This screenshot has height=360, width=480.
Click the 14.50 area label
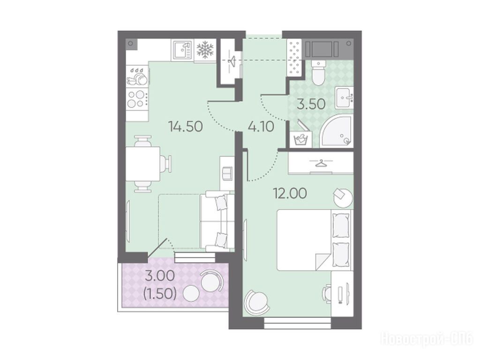click(x=186, y=126)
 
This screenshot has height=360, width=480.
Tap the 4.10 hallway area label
click(x=261, y=126)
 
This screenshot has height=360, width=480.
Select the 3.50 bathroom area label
click(x=311, y=105)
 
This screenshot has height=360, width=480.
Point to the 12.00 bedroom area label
click(x=290, y=194)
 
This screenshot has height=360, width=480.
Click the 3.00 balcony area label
click(x=160, y=276)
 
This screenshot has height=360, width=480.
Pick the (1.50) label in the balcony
click(x=160, y=294)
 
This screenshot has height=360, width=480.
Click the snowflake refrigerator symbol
click(x=205, y=50)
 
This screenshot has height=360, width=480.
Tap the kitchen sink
click(x=182, y=50)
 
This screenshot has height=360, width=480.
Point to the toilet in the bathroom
click(x=319, y=72)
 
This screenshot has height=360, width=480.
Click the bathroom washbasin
click(x=344, y=97)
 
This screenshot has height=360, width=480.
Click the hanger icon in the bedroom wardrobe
click(x=321, y=164)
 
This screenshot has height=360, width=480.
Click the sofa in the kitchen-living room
click(x=217, y=221)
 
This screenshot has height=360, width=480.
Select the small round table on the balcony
click(x=191, y=293)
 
